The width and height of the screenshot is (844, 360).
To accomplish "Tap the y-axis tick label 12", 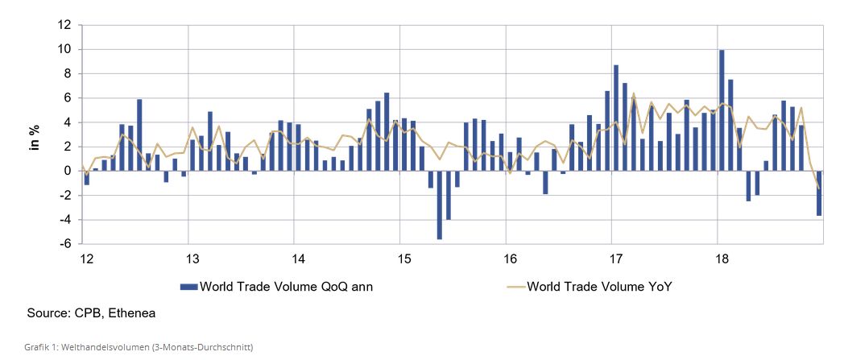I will [65, 25].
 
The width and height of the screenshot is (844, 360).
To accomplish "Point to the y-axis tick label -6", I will [65, 244].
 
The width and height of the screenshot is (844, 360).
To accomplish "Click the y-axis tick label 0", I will [68, 171].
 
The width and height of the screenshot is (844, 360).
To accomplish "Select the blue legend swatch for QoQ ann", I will [188, 286].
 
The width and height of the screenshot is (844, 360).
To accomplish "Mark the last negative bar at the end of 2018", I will [819, 192].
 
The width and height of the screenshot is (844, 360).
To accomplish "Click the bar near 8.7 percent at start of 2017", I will [616, 118].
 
